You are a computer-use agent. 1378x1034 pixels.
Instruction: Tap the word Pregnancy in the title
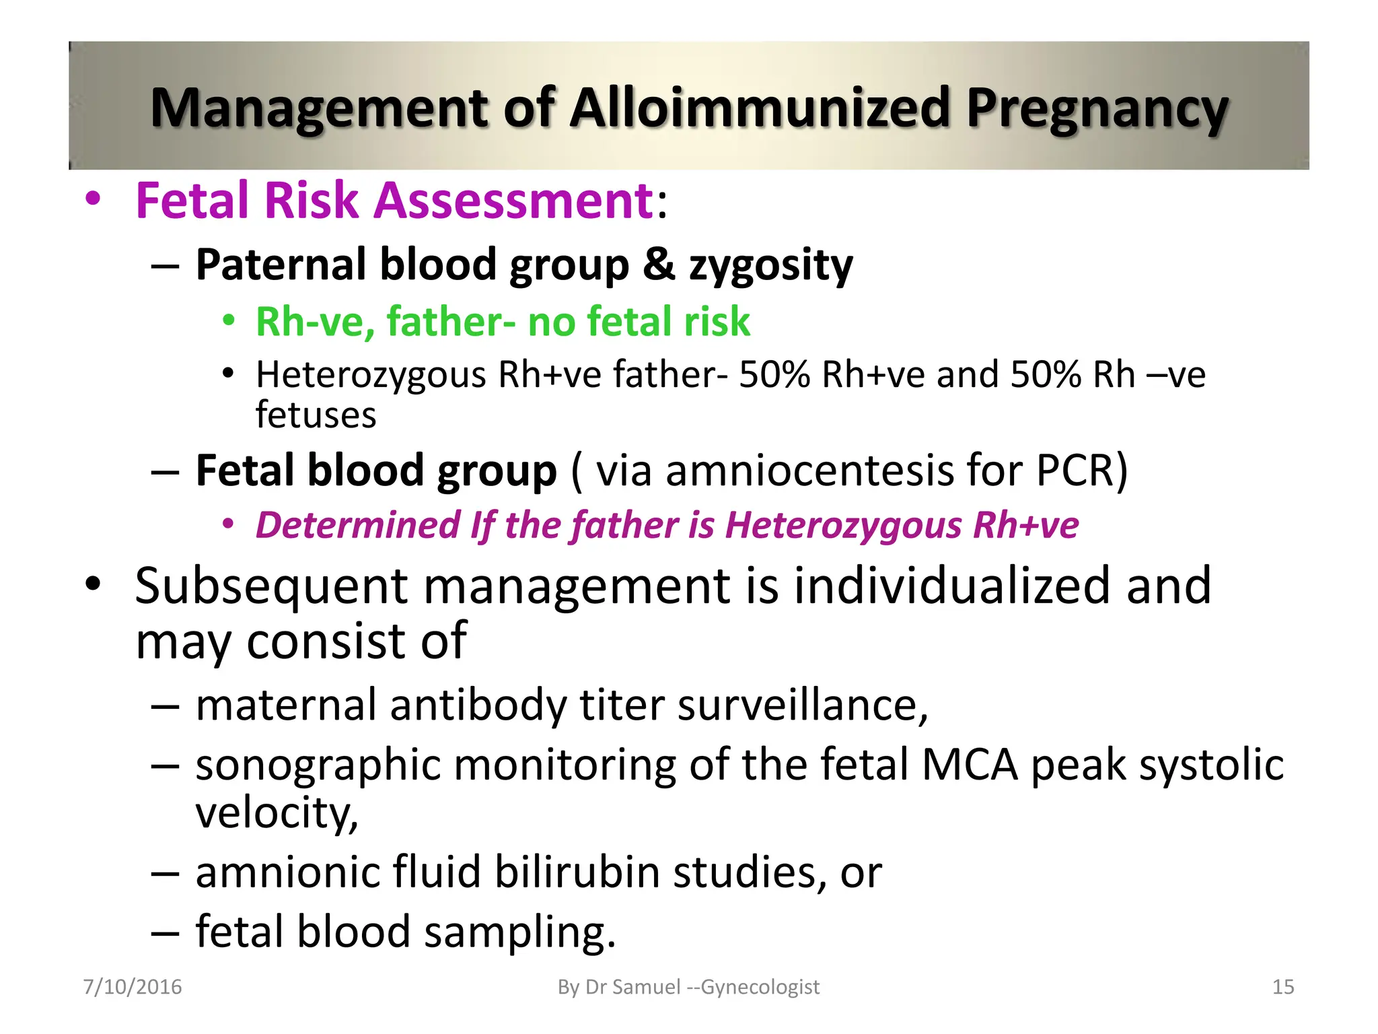(1097, 109)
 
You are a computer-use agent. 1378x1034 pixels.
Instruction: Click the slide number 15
(1283, 987)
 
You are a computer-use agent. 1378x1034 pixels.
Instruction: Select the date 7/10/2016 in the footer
(133, 987)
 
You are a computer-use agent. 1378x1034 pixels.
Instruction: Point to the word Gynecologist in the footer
(760, 987)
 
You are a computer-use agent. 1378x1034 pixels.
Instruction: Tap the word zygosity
(770, 265)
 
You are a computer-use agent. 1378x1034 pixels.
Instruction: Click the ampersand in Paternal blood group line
(659, 264)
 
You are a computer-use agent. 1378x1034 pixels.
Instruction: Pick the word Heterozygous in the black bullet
(371, 375)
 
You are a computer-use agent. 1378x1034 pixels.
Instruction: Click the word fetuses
(316, 415)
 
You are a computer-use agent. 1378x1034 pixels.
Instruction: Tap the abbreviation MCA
(969, 765)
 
